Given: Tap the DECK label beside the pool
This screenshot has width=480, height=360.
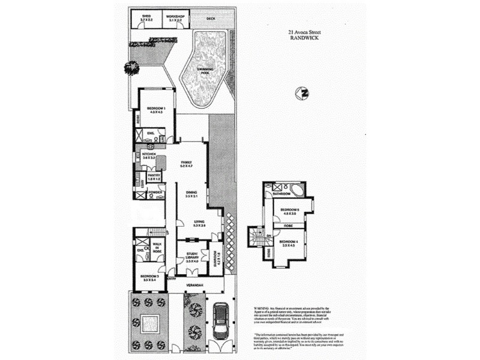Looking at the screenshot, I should click(210, 19).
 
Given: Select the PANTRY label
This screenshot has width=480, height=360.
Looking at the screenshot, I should click(154, 176).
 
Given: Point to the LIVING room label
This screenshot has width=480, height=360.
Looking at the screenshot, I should click(199, 223).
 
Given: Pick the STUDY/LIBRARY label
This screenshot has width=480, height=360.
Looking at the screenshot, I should click(191, 256).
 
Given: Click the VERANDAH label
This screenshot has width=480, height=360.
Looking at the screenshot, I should click(195, 284).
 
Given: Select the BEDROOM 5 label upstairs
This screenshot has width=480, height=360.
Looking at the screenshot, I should click(289, 211).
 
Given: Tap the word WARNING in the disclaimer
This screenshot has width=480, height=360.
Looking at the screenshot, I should click(263, 307).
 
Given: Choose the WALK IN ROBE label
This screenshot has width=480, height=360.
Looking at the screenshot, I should click(157, 246).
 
